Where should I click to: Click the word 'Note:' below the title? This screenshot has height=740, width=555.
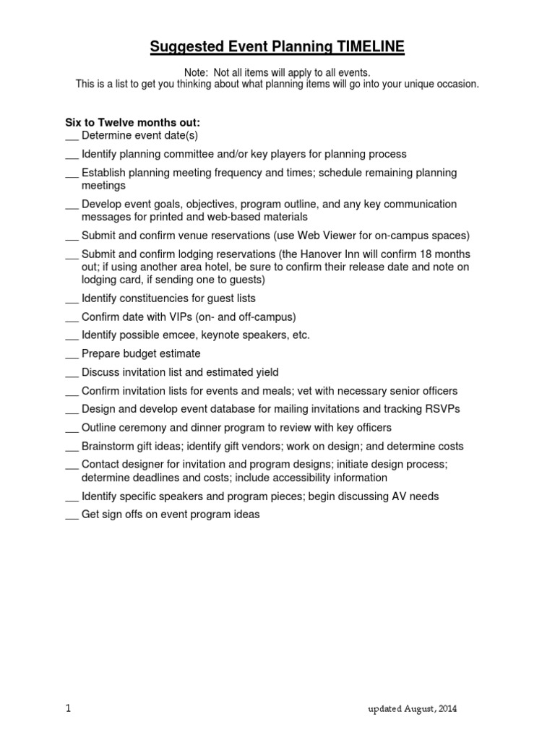coord(197,72)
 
